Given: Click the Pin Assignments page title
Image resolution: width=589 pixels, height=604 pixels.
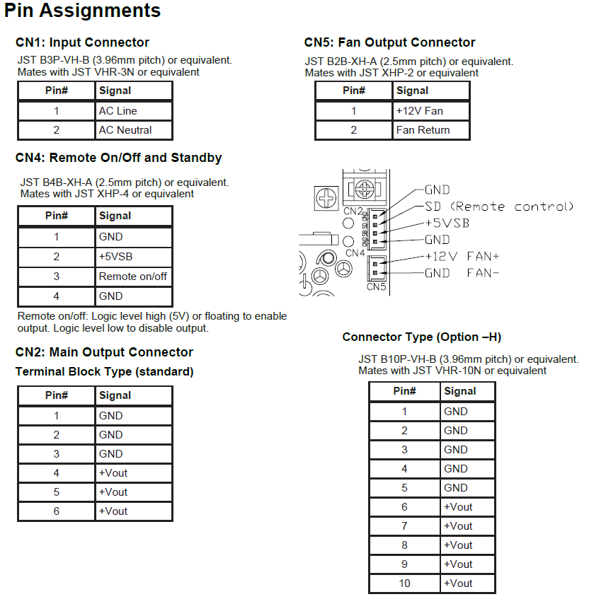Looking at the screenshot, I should (83, 11).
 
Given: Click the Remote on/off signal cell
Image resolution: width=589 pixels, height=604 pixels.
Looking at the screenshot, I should (133, 277).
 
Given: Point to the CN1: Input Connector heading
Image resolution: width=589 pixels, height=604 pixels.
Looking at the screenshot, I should (82, 42).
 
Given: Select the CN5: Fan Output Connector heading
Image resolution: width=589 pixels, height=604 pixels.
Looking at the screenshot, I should (389, 42).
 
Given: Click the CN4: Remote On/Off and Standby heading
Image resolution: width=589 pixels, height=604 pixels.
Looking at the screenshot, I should (118, 158).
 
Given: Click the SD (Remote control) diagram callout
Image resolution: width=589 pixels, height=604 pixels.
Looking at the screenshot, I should (499, 207).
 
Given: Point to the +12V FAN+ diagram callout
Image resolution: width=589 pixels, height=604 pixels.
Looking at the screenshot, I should (462, 256).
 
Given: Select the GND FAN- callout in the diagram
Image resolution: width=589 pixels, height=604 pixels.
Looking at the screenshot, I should (462, 273).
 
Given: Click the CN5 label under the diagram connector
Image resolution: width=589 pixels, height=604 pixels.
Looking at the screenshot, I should (375, 286).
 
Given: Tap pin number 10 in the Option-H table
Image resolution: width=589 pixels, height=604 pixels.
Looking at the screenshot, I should (404, 583).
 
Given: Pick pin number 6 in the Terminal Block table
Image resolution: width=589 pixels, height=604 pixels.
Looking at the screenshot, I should (57, 511).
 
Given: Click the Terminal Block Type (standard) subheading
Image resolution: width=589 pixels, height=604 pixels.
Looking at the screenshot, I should (104, 371).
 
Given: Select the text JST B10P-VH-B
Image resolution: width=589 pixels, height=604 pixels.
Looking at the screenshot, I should (396, 359).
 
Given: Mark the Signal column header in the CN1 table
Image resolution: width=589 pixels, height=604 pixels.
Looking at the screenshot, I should (115, 91).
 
